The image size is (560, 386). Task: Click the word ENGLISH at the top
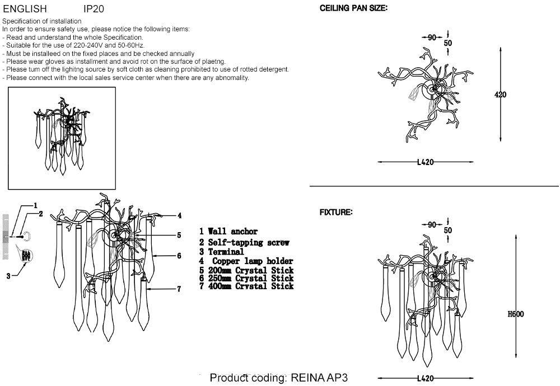pos(25,10)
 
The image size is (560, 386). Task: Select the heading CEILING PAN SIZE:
pos(353,9)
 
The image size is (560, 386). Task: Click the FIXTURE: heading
pos(336,213)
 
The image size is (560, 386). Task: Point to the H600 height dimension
pos(515,314)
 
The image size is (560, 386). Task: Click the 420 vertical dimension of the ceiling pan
pos(500,95)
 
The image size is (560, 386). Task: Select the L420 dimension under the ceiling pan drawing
pos(426,162)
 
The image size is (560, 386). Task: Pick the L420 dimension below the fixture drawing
pos(426,379)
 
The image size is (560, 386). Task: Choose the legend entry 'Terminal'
pos(226,252)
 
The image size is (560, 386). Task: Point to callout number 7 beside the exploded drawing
pos(179,289)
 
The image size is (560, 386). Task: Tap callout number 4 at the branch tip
pos(179,215)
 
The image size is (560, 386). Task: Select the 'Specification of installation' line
pos(41,21)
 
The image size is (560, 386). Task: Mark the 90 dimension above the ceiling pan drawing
pos(431,37)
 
